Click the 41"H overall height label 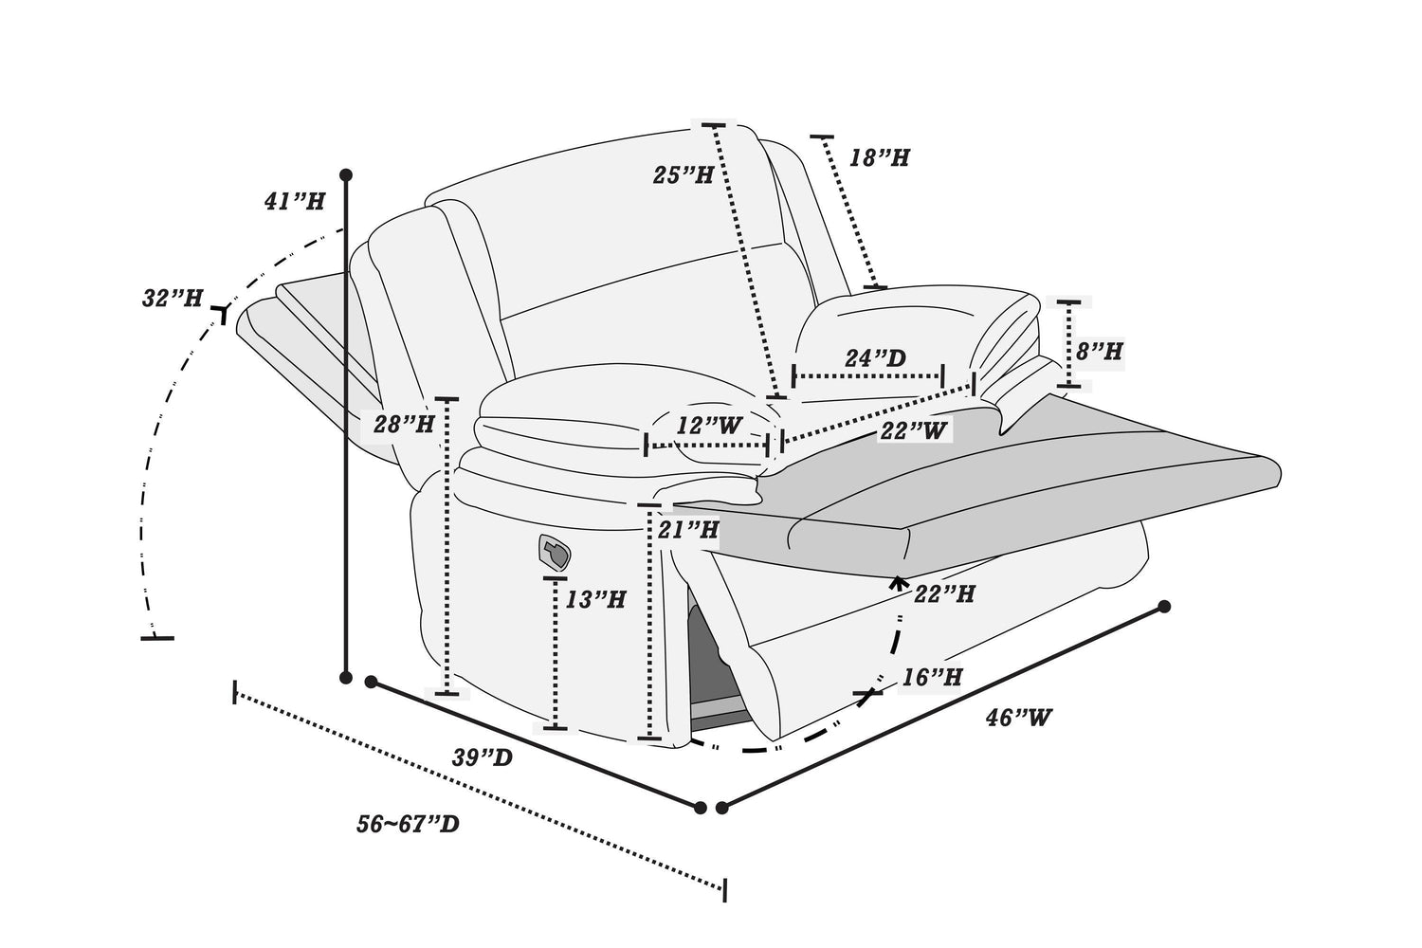[295, 201]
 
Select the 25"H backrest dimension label [684, 174]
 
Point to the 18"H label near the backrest [879, 157]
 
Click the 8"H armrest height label [1100, 351]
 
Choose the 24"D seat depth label [875, 358]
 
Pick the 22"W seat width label [913, 431]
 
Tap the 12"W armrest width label [708, 425]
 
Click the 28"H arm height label [404, 424]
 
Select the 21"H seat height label [688, 529]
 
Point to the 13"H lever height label [595, 599]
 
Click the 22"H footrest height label [944, 593]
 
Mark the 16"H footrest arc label [932, 677]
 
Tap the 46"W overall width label [1018, 718]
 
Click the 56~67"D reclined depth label [408, 824]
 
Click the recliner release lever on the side [555, 552]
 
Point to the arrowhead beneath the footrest [897, 581]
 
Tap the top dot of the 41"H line [346, 174]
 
